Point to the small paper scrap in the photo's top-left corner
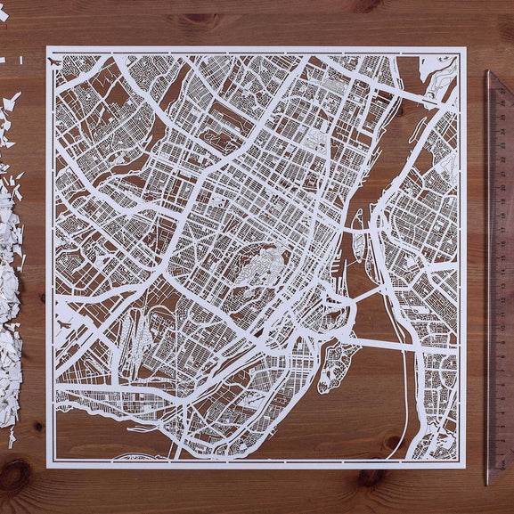pos(4,14)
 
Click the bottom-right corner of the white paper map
pos(466,465)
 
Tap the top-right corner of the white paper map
pos(466,47)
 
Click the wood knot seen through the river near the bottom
pos(389,441)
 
